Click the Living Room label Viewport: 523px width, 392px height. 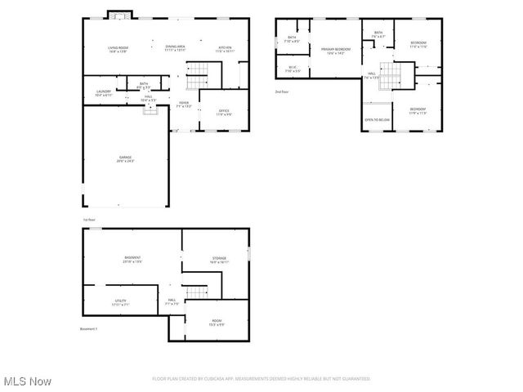click(118, 49)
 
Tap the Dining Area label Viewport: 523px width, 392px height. click(175, 48)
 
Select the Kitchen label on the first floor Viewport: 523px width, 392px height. click(226, 49)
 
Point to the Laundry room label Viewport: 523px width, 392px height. click(103, 93)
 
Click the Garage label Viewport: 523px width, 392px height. click(125, 158)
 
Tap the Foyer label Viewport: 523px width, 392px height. click(185, 104)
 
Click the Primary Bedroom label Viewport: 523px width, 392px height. click(335, 51)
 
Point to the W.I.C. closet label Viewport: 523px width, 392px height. click(292, 69)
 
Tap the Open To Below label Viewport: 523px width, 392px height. click(377, 119)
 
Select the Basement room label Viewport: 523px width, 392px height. click(132, 260)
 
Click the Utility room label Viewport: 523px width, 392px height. click(119, 303)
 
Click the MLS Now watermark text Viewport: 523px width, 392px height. click(27, 381)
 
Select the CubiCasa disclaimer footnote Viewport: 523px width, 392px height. click(261, 379)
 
